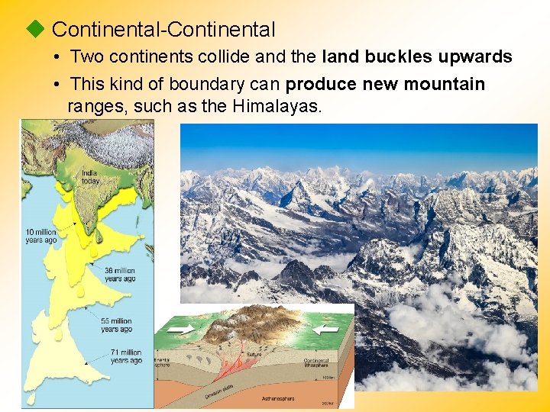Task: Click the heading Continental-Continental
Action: click(x=163, y=30)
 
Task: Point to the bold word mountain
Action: click(x=447, y=83)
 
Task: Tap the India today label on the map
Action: click(x=89, y=176)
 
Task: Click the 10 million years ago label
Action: click(x=41, y=236)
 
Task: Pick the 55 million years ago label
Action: click(x=116, y=325)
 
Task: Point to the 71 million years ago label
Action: click(x=125, y=356)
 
